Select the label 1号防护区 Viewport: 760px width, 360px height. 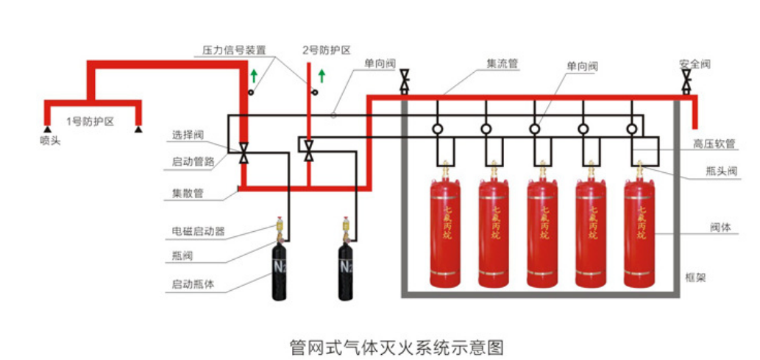pyautogui.click(x=90, y=121)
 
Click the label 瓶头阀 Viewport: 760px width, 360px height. pyautogui.click(x=717, y=171)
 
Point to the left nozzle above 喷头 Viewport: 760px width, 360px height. pyautogui.click(x=46, y=130)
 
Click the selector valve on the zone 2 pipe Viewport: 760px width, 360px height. pyautogui.click(x=309, y=149)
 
